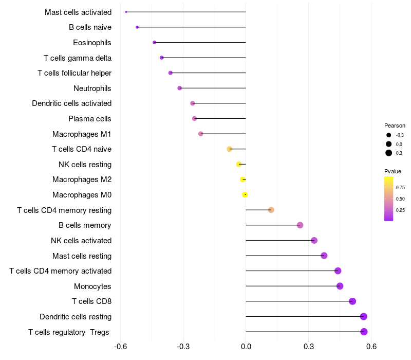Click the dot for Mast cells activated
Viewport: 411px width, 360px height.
click(126, 12)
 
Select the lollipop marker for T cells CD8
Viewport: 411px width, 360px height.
click(352, 301)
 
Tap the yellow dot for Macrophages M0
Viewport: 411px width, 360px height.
click(245, 194)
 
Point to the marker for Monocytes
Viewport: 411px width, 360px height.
click(340, 286)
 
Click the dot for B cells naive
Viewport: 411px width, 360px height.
click(137, 27)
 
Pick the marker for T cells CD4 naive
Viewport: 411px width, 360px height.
click(230, 149)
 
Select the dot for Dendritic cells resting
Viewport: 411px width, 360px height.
click(364, 316)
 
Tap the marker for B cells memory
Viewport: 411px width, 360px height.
click(300, 225)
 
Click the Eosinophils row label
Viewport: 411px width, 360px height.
click(92, 43)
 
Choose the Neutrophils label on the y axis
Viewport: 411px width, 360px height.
click(92, 88)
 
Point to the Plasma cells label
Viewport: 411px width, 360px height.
click(89, 119)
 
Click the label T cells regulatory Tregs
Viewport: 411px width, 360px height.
click(69, 332)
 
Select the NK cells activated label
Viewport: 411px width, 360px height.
click(81, 241)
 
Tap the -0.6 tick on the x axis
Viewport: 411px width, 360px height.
click(120, 347)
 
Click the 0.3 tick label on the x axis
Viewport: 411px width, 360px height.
click(309, 347)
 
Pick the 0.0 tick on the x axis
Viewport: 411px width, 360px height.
click(246, 347)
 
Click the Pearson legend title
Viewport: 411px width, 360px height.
click(395, 125)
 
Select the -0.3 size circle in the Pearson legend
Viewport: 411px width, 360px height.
click(389, 135)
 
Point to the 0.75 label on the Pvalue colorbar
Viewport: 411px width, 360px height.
click(400, 188)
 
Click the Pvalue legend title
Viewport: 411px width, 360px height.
click(393, 171)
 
